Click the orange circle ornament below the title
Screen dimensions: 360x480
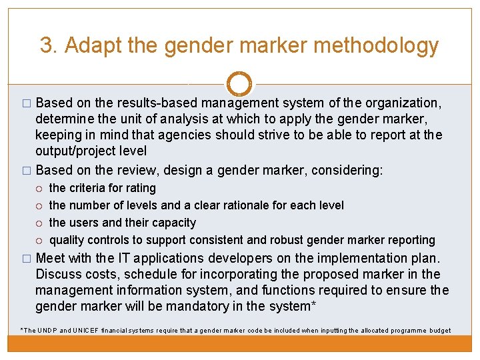239,84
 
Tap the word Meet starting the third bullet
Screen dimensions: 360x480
51,258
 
